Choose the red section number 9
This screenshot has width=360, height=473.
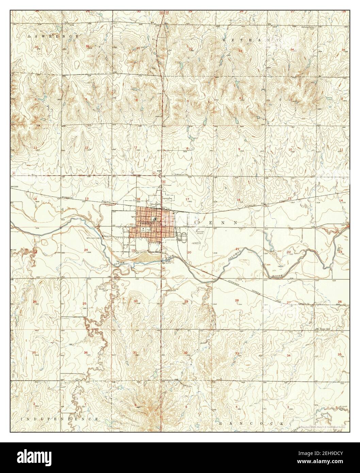[239, 149]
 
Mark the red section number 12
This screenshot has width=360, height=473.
[86, 147]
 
